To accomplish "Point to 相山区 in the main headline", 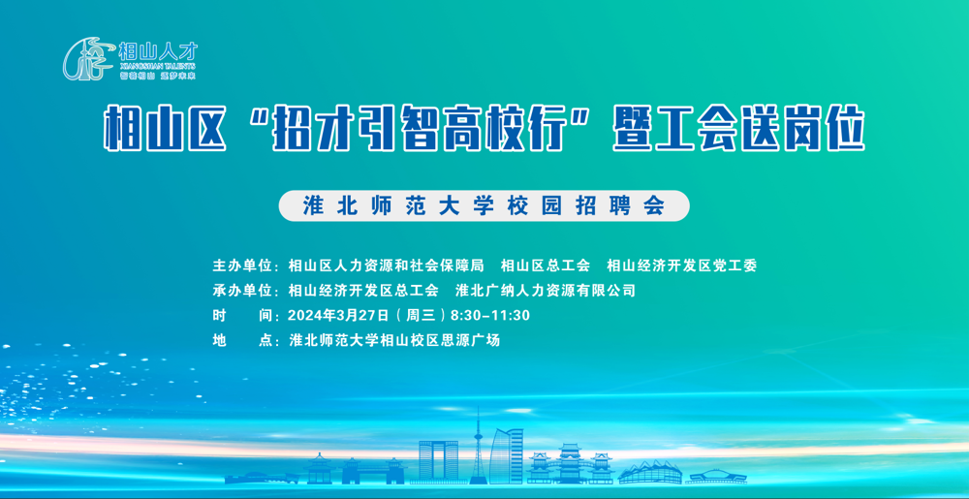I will [164, 130].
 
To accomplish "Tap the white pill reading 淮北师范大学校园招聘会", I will [484, 205].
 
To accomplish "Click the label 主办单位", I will [243, 265].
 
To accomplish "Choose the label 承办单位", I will [243, 291].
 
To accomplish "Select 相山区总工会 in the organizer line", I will [545, 265].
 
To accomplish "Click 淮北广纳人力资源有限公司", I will [546, 291].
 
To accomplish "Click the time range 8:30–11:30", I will [490, 316].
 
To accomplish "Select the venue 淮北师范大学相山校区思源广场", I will [394, 341].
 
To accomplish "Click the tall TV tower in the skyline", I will [477, 446].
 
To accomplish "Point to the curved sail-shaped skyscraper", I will [508, 453].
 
